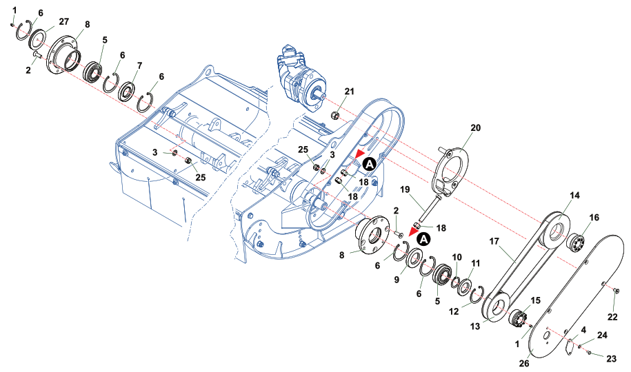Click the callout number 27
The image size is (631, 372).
click(54, 21)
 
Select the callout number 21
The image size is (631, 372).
click(350, 92)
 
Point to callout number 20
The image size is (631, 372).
click(475, 127)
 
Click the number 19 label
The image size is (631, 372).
click(405, 189)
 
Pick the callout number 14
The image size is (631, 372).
click(574, 196)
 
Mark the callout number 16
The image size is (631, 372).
click(594, 217)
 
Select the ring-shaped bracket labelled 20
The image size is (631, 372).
click(451, 171)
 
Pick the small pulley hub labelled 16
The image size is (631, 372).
click(576, 243)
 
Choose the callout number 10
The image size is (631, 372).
click(456, 258)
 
